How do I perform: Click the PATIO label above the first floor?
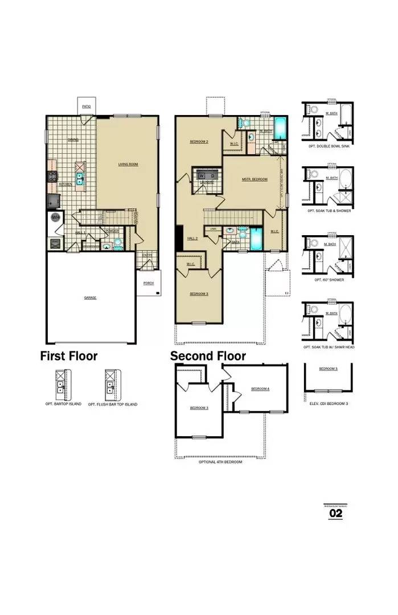pos(86,106)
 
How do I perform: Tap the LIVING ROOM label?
pos(128,165)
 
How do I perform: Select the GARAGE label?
pos(90,297)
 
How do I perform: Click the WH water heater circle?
pos(56,218)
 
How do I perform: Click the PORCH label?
pos(148,283)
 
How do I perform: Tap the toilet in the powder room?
pos(118,242)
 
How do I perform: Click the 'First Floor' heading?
pos(69,356)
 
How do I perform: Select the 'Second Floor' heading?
pos(208,356)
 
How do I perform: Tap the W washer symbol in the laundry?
pos(201,177)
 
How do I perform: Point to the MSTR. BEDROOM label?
pos(255,179)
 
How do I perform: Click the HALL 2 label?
pos(192,239)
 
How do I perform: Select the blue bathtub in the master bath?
pos(280,126)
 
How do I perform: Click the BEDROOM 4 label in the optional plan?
pos(260,389)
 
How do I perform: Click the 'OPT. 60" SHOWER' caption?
pos(327,280)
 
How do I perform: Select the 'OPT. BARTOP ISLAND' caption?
pos(63,404)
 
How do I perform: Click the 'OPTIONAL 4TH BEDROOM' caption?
pos(220,462)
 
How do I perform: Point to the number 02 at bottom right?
pos(336,514)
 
